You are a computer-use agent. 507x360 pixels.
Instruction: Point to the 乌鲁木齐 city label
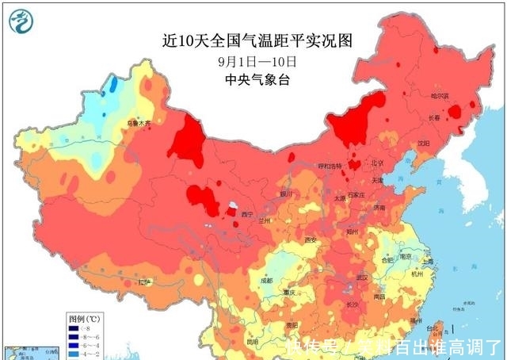pos(138,123)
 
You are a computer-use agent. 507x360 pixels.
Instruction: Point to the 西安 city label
pos(311,239)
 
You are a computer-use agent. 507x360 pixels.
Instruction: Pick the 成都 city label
pos(265,280)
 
